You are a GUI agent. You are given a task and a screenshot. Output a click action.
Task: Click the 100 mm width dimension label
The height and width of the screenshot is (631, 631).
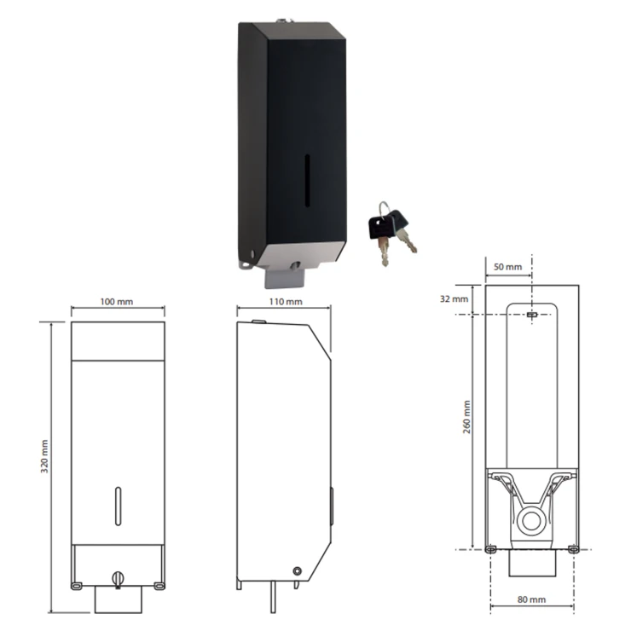[x=116, y=301]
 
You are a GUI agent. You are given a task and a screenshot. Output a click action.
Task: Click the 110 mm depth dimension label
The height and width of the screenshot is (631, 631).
[x=286, y=301]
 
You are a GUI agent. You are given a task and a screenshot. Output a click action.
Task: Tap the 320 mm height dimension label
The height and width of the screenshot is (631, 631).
[x=44, y=456]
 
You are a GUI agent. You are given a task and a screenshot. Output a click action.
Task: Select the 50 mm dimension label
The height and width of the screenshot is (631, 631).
[x=507, y=267]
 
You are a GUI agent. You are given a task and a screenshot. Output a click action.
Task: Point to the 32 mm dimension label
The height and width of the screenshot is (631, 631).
[x=454, y=299]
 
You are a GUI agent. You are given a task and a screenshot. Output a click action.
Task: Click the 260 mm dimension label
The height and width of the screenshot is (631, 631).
[x=466, y=417]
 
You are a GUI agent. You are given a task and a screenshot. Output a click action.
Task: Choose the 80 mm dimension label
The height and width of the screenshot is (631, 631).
[x=531, y=599]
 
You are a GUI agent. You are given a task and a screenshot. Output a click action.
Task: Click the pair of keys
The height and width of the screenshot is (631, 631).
[x=392, y=233]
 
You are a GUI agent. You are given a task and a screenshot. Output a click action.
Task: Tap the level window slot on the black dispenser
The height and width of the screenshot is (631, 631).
[x=308, y=181]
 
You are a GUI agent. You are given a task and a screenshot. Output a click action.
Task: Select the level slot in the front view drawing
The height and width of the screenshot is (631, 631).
[x=118, y=507]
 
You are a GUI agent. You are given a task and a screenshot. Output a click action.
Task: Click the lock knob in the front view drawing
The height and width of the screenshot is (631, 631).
[x=118, y=579]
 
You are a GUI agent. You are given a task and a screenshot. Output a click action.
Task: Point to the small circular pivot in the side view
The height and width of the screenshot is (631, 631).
[x=297, y=571]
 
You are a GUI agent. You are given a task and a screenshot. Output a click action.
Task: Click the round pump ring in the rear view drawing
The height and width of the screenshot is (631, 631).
[x=531, y=521]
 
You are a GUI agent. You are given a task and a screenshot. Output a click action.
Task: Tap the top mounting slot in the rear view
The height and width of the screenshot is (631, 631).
[x=532, y=315]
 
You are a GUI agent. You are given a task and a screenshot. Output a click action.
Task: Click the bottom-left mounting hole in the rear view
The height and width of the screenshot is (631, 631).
[x=490, y=549]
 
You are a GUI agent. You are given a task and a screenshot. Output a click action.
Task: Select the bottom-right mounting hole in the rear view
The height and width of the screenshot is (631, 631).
[x=573, y=549]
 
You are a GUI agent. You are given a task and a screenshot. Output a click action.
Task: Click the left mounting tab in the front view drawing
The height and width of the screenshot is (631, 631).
[x=77, y=586]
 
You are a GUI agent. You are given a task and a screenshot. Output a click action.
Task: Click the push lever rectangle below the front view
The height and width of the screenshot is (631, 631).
[x=119, y=599]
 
